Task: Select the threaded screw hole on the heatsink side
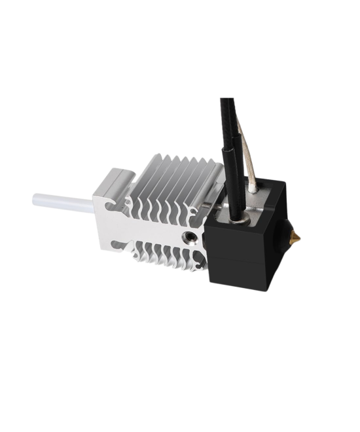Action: pyautogui.click(x=189, y=234)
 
